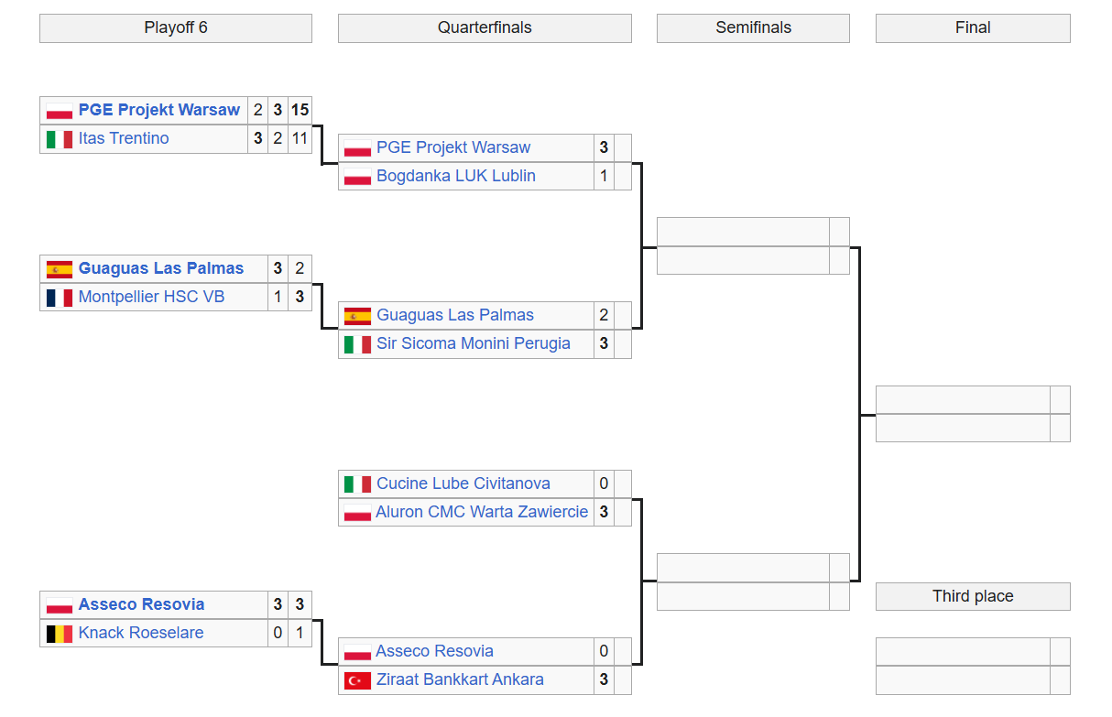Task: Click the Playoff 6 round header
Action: (x=176, y=27)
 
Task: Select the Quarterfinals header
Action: (x=485, y=27)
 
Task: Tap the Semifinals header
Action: (x=753, y=27)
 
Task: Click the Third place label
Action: (x=973, y=596)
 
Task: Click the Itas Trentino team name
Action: (x=124, y=138)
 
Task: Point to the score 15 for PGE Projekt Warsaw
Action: (x=300, y=110)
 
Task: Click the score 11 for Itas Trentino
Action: (x=300, y=138)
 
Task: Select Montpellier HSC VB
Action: (x=151, y=297)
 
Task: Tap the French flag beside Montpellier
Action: (x=60, y=298)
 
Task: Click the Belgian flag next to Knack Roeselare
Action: (x=60, y=634)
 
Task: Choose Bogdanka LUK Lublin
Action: (x=456, y=176)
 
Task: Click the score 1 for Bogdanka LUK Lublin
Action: (x=604, y=176)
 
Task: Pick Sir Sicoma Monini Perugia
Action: (x=473, y=343)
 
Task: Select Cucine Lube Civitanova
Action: (x=463, y=483)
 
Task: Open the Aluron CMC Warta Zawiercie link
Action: (x=482, y=512)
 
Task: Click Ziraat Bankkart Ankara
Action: (x=460, y=679)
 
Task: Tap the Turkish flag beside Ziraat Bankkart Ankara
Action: (x=357, y=680)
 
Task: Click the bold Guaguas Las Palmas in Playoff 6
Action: (x=161, y=268)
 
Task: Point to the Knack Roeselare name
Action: (x=141, y=633)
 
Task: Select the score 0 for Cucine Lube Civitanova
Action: (x=604, y=483)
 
